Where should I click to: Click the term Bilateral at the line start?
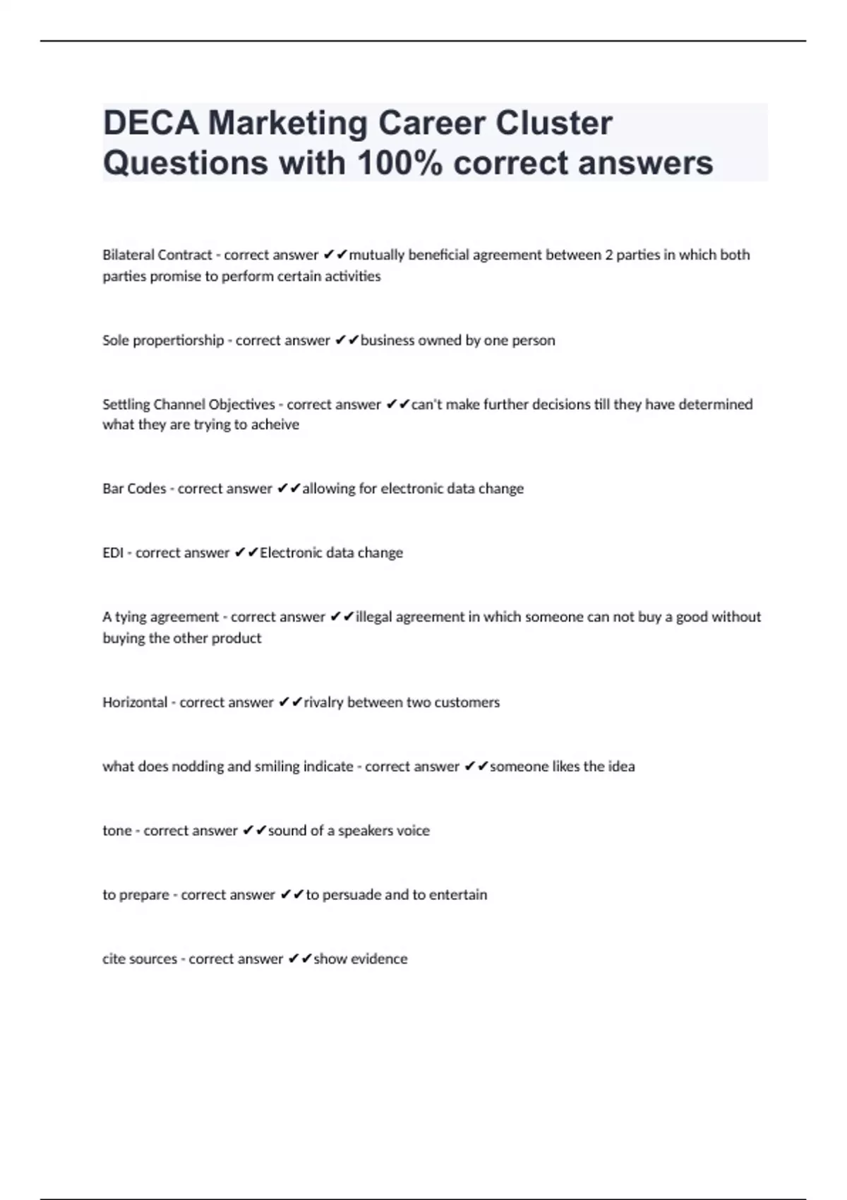pos(128,255)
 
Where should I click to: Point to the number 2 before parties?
pos(608,255)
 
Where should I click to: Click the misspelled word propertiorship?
pos(179,340)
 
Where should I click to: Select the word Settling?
pos(126,404)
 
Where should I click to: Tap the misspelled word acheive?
pos(275,425)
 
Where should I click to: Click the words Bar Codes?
pos(134,488)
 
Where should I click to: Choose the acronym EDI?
pos(113,553)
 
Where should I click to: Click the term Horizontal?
pos(135,702)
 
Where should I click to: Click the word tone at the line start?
pos(116,831)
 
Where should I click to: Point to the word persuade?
pos(351,895)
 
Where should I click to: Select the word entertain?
pos(458,895)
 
